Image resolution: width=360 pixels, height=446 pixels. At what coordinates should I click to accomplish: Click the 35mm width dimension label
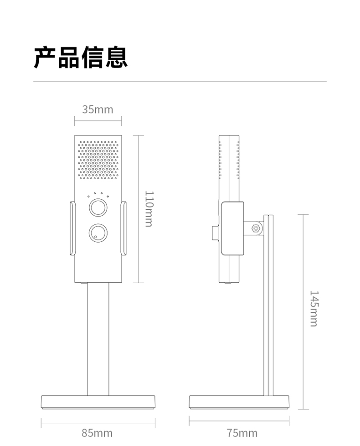click(98, 109)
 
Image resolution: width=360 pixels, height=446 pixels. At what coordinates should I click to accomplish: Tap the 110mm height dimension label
click(149, 208)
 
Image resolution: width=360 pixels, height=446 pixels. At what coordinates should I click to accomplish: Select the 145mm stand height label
click(314, 308)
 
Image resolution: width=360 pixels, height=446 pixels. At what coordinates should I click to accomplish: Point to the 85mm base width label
click(97, 432)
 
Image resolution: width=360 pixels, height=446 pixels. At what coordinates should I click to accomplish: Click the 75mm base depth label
click(242, 432)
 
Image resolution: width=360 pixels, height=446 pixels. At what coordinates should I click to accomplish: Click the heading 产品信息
click(81, 57)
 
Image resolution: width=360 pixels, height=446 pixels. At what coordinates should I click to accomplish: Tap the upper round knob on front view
click(98, 207)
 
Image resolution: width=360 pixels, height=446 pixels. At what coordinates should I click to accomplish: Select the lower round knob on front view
click(98, 233)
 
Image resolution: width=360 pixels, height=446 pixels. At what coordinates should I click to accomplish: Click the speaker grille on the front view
click(98, 159)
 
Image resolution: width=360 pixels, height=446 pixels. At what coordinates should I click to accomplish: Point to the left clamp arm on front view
click(72, 228)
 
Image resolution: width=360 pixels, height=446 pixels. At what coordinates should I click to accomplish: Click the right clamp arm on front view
click(123, 228)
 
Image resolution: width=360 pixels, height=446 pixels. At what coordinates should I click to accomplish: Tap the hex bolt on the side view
click(256, 228)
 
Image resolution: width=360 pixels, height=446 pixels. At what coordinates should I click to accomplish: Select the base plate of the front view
click(98, 401)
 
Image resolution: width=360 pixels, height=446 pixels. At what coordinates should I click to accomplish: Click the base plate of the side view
click(239, 401)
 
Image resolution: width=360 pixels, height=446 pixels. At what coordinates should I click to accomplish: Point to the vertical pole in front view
click(98, 337)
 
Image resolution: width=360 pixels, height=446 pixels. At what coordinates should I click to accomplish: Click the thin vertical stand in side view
click(269, 310)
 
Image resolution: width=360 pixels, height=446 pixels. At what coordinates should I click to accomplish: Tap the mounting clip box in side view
click(232, 228)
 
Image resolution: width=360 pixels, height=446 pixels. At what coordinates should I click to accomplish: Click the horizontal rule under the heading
click(180, 82)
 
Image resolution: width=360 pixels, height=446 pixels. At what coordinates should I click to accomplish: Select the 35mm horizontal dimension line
click(98, 121)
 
